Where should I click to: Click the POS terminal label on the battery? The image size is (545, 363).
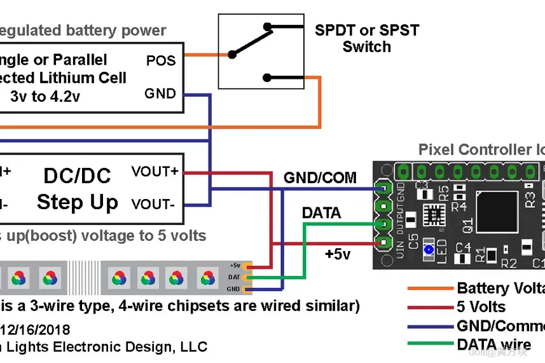160,61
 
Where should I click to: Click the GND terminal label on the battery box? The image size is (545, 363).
160,94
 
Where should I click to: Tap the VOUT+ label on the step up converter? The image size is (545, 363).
155,172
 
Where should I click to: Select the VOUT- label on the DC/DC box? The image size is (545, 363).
155,205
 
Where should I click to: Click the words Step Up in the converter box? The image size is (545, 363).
78,203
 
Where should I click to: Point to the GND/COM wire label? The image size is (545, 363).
320,178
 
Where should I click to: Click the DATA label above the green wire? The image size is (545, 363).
321,213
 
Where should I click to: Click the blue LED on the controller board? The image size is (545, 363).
429,250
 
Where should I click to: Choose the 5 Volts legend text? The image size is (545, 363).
481,308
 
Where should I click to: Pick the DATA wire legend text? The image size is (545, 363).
493,345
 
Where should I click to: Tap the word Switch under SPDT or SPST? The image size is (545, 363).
366,46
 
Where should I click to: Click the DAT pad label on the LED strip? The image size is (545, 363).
234,277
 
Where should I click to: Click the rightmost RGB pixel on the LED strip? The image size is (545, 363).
207,277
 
